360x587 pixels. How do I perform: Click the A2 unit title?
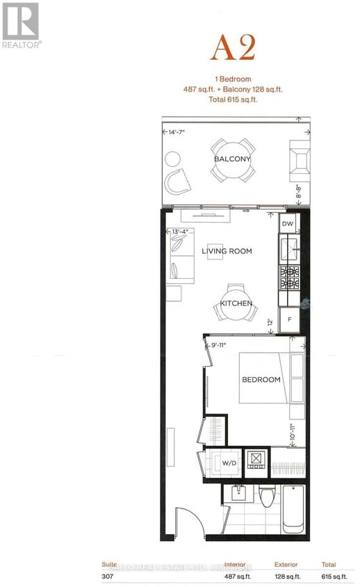click(233, 48)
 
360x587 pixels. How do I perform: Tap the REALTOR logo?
click(21, 24)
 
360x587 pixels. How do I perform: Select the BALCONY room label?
click(232, 159)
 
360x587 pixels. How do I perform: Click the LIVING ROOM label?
click(227, 251)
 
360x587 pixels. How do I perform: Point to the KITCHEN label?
click(236, 304)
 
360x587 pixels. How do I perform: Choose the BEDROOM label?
click(261, 380)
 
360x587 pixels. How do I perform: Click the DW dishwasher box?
click(288, 224)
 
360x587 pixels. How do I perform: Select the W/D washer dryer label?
click(228, 463)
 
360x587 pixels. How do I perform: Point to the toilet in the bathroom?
click(266, 497)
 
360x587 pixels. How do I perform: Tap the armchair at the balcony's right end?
click(300, 159)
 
